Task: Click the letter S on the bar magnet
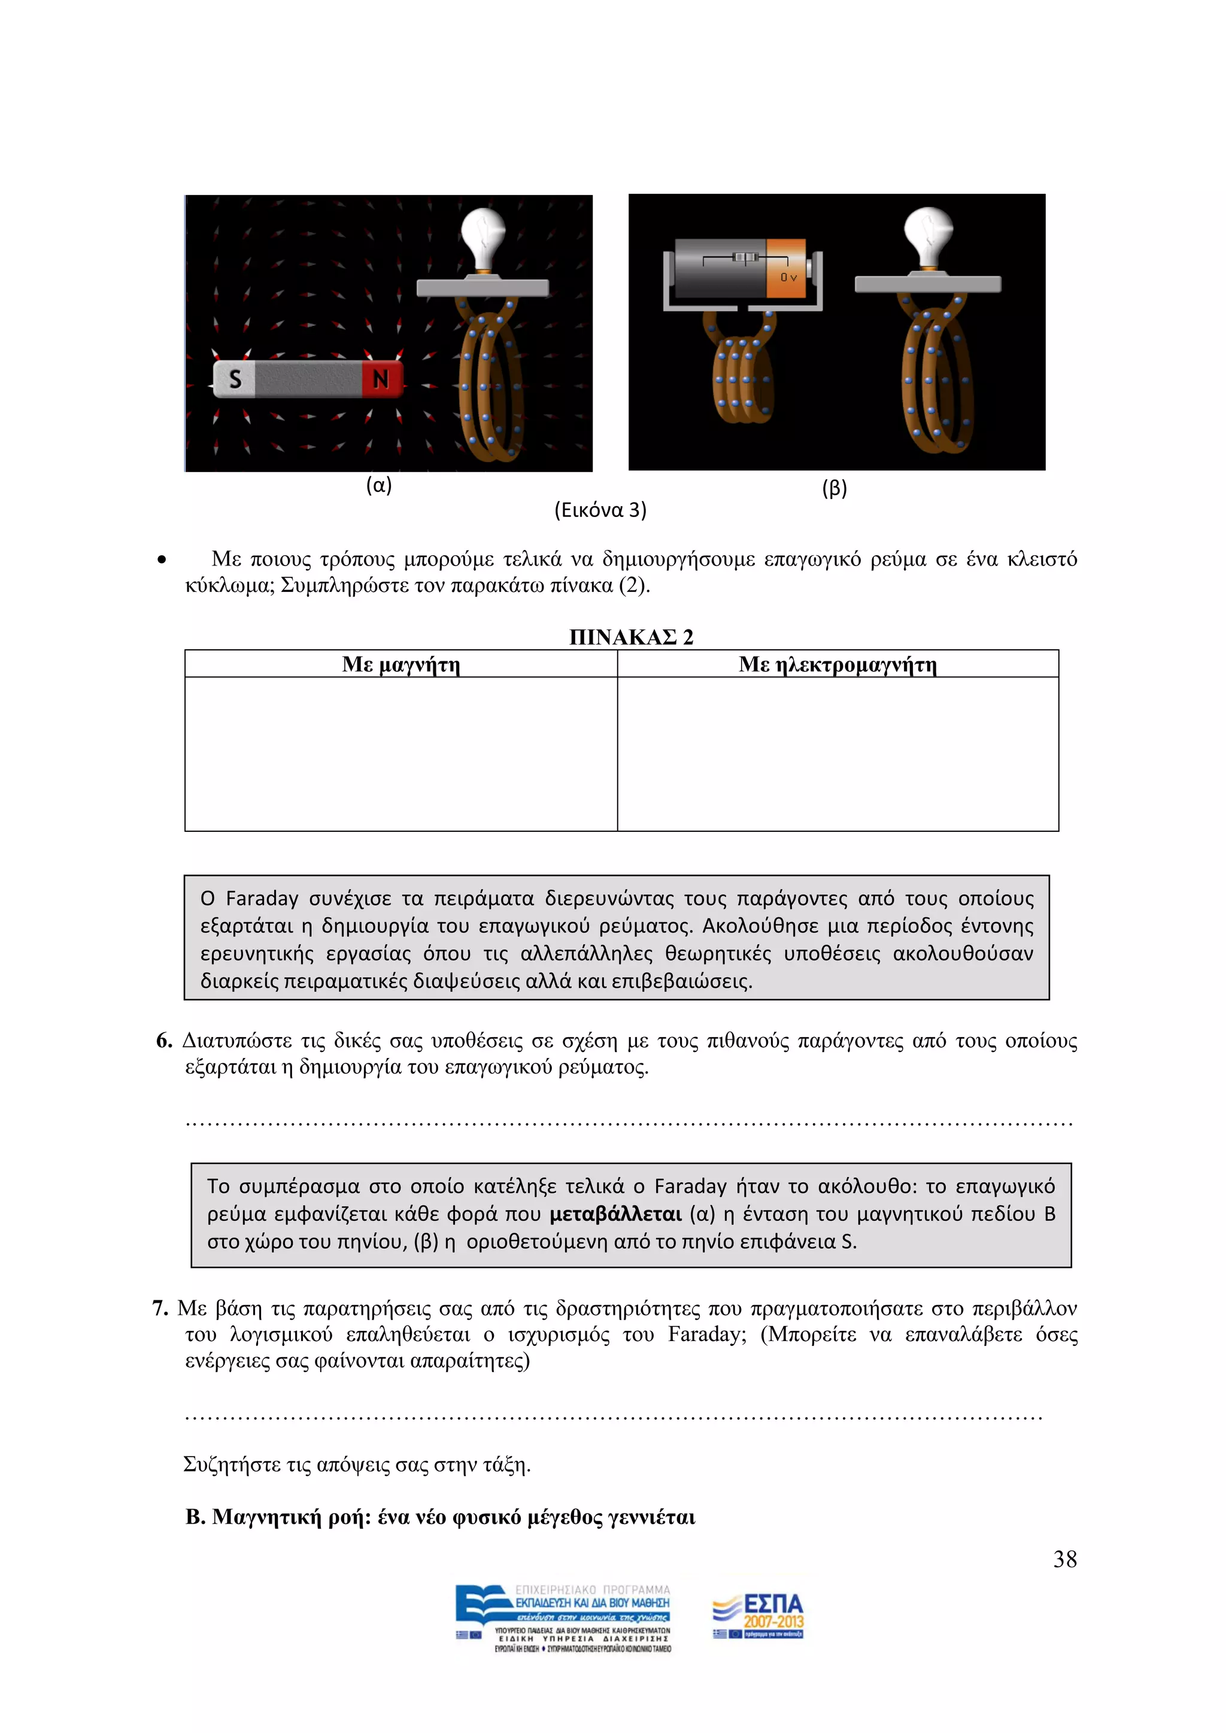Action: (235, 379)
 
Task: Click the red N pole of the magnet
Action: (381, 379)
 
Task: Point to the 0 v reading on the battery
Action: (788, 277)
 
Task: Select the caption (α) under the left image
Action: (379, 485)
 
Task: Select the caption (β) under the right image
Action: (834, 488)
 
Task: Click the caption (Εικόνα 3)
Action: (600, 510)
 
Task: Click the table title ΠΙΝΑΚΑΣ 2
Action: (631, 637)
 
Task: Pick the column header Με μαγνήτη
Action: (401, 664)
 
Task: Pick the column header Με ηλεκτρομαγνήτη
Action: (837, 664)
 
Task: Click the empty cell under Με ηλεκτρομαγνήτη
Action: (837, 753)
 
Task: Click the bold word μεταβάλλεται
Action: (615, 1214)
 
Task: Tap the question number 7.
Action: (160, 1308)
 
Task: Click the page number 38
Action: (1064, 1559)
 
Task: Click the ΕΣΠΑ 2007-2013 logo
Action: (758, 1616)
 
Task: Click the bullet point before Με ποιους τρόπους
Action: (162, 561)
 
